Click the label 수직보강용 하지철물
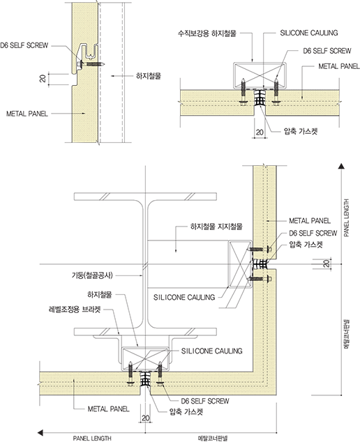click(x=207, y=33)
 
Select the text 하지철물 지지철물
click(x=216, y=227)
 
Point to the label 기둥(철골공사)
click(x=92, y=275)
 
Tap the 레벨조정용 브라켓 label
click(x=75, y=310)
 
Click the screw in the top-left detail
click(x=91, y=64)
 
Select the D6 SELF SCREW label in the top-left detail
click(x=24, y=45)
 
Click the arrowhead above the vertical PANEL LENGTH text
click(x=341, y=166)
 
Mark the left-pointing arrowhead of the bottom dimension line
click(x=40, y=432)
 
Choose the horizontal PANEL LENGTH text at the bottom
click(x=92, y=439)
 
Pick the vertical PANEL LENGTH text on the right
click(x=347, y=218)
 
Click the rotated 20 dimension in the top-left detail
click(x=43, y=78)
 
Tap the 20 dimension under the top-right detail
click(x=260, y=132)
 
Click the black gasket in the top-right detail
click(x=260, y=98)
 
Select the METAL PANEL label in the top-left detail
click(x=27, y=114)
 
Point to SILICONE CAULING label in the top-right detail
click(x=309, y=33)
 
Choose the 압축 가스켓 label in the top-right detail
click(x=301, y=131)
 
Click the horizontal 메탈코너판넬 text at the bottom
click(x=213, y=439)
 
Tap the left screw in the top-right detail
click(x=243, y=92)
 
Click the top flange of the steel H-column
click(x=145, y=197)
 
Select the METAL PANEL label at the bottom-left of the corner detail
click(x=109, y=409)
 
